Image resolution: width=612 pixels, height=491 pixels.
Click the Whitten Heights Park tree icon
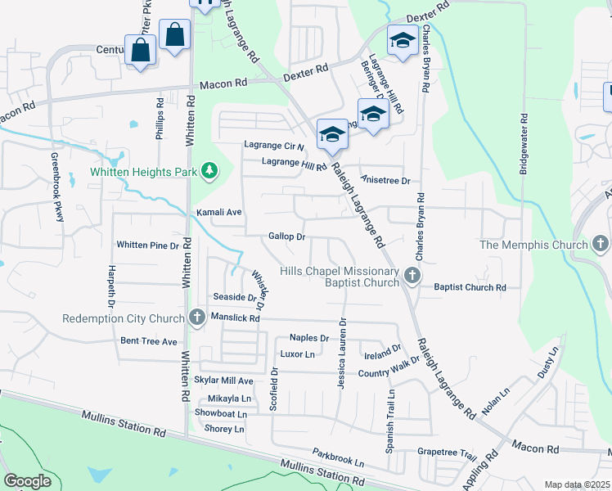211,171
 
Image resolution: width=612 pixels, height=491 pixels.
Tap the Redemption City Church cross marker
196,318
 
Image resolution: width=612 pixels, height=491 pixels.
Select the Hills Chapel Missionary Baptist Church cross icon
412,277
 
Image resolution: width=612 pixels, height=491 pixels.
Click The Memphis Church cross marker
601,244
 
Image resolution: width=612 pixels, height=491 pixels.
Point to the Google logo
27,481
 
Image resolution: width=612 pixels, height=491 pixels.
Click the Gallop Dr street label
286,236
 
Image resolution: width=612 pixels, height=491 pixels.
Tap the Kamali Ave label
219,212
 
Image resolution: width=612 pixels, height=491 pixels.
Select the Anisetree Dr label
385,180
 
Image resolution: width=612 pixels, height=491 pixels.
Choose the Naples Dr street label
309,338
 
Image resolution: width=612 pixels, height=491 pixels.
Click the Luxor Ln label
297,354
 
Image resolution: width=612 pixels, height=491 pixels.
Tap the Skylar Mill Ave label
223,381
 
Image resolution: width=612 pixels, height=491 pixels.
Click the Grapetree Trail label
447,453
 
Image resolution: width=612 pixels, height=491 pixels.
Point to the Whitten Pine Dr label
147,245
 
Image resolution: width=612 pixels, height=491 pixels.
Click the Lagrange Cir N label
274,146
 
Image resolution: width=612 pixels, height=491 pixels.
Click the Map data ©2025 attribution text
577,484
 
